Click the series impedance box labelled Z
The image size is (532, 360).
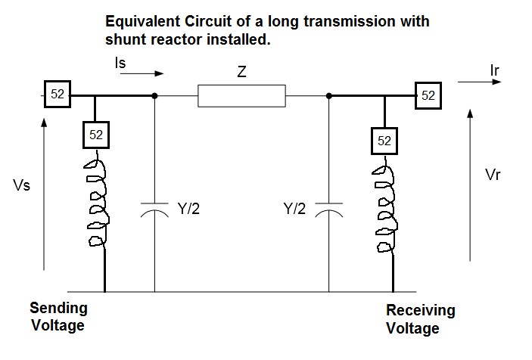pyautogui.click(x=241, y=96)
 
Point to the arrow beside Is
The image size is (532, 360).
pyautogui.click(x=148, y=74)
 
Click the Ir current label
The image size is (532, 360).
pyautogui.click(x=495, y=70)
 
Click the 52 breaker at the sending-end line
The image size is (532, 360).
pyautogui.click(x=58, y=95)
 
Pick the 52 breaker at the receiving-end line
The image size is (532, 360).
pyautogui.click(x=428, y=95)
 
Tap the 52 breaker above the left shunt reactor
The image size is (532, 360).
pyautogui.click(x=96, y=135)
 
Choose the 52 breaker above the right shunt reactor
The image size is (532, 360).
pyautogui.click(x=384, y=141)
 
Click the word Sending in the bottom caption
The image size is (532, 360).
pyautogui.click(x=58, y=309)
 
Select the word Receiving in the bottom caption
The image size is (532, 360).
pyautogui.click(x=420, y=311)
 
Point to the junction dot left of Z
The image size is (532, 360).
pyautogui.click(x=155, y=96)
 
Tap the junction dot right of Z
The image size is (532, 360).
pyautogui.click(x=330, y=96)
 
